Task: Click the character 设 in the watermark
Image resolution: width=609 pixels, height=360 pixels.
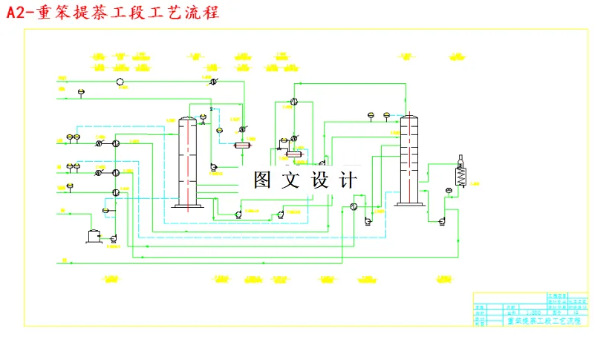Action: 319,180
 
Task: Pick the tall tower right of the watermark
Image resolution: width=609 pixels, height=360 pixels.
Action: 408,160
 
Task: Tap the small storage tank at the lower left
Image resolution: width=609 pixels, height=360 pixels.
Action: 94,235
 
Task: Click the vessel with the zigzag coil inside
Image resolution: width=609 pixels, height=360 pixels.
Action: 460,177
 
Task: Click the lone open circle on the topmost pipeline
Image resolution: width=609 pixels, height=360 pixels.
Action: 120,81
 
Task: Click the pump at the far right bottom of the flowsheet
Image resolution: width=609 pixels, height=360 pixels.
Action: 442,220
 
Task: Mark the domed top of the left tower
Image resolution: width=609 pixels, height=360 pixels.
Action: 187,120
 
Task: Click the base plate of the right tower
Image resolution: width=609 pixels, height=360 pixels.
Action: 408,206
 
